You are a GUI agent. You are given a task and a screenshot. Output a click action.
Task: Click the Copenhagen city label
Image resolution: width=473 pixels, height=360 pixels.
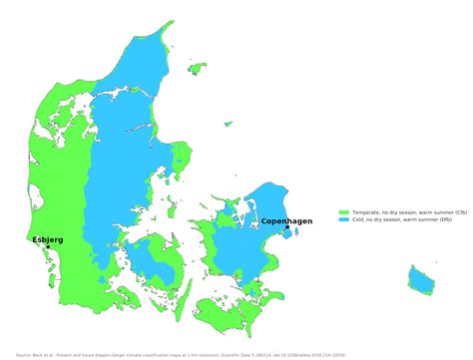point(286,221)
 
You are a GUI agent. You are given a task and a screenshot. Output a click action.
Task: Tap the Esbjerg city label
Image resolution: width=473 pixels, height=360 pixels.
point(48,239)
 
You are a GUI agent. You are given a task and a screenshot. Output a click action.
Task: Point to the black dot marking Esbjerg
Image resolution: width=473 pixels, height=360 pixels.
point(48,246)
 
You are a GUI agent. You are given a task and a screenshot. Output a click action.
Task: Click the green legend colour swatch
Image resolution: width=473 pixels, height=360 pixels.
point(343,212)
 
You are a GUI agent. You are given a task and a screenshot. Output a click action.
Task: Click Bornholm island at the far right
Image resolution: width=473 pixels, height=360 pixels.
point(421,278)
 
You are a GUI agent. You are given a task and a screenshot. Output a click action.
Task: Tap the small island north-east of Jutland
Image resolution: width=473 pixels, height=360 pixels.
point(198,69)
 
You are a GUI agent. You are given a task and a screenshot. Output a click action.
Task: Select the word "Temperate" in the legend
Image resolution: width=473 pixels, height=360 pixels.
point(365,212)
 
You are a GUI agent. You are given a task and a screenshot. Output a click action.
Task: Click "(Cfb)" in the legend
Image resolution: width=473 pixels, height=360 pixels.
point(460,212)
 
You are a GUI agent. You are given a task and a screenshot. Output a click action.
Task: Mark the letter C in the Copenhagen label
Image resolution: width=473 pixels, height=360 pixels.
point(264,221)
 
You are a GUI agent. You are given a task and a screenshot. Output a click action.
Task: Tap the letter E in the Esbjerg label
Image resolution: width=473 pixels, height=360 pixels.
point(35,239)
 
